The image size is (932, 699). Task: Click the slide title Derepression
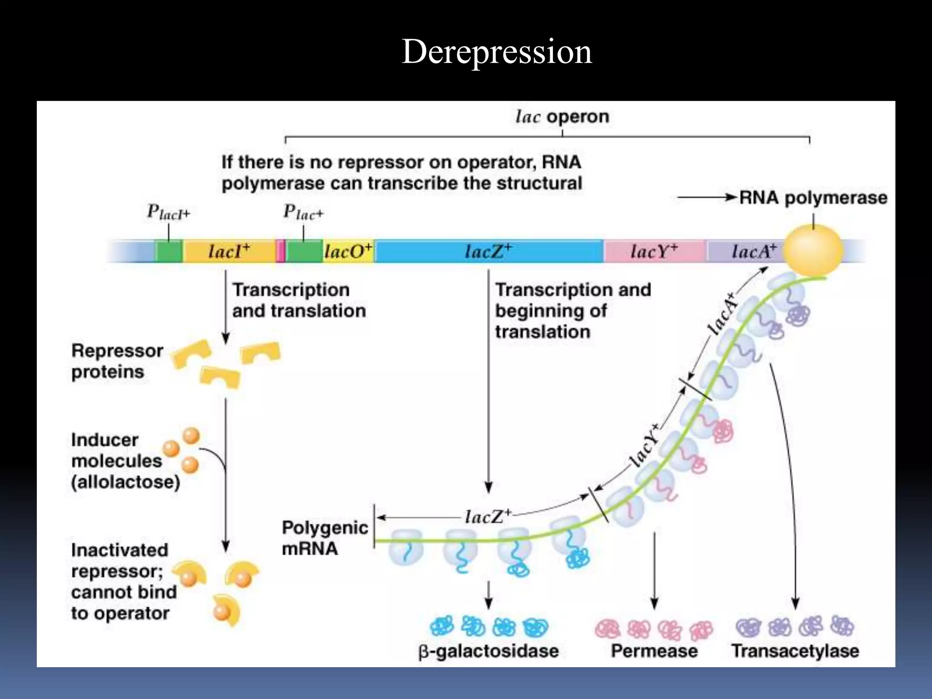point(496,51)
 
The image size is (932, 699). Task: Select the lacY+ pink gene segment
point(654,251)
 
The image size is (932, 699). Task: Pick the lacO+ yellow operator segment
point(348,251)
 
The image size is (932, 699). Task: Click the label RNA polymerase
point(813,198)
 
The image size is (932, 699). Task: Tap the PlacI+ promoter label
point(168,213)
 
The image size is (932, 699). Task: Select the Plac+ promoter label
point(303,213)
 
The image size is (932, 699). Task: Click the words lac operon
point(562,117)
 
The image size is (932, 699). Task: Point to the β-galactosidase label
point(488,651)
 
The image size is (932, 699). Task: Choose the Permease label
point(654,651)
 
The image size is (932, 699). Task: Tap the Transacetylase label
point(795,651)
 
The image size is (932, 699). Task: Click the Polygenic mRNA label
point(324,538)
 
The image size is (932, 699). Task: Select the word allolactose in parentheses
point(126,482)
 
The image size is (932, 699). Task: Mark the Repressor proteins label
point(117,361)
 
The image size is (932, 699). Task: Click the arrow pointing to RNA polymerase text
point(706,198)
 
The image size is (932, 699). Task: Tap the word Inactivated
point(120,550)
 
